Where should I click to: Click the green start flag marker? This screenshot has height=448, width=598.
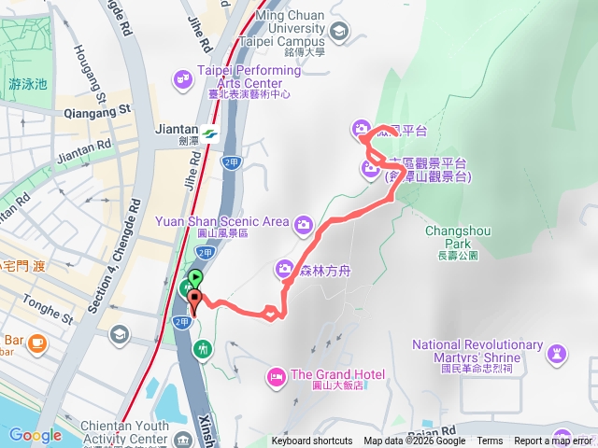coord(195,277)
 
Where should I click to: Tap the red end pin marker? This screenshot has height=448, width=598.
coord(194,301)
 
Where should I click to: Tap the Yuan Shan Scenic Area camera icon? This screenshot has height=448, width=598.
coord(303,223)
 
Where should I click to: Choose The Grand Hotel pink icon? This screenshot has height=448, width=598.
coord(276,375)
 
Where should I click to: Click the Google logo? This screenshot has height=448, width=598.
coord(35,435)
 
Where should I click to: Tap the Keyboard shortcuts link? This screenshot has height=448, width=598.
coord(312,441)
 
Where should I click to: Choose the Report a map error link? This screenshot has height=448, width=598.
coord(553,441)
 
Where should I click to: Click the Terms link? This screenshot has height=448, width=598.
coord(490,441)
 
